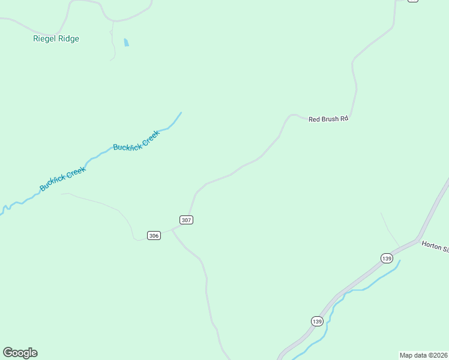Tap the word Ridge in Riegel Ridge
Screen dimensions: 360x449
69,39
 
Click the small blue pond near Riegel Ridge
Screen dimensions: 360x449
126,43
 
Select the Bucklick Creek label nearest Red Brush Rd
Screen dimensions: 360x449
136,140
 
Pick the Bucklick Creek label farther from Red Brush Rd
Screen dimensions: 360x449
63,179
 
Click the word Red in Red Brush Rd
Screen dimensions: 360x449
315,119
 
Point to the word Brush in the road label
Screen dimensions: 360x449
330,119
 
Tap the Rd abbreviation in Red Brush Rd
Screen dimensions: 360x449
344,119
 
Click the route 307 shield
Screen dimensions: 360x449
186,220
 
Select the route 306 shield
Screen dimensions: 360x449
154,236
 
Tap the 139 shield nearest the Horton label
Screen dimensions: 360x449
387,258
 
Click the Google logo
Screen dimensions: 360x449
20,353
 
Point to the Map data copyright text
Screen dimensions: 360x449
423,355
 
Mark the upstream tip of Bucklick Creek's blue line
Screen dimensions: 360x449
181,113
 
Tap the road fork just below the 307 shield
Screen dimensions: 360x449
173,229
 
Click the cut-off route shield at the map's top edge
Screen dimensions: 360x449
412,1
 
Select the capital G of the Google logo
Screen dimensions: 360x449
8,353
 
